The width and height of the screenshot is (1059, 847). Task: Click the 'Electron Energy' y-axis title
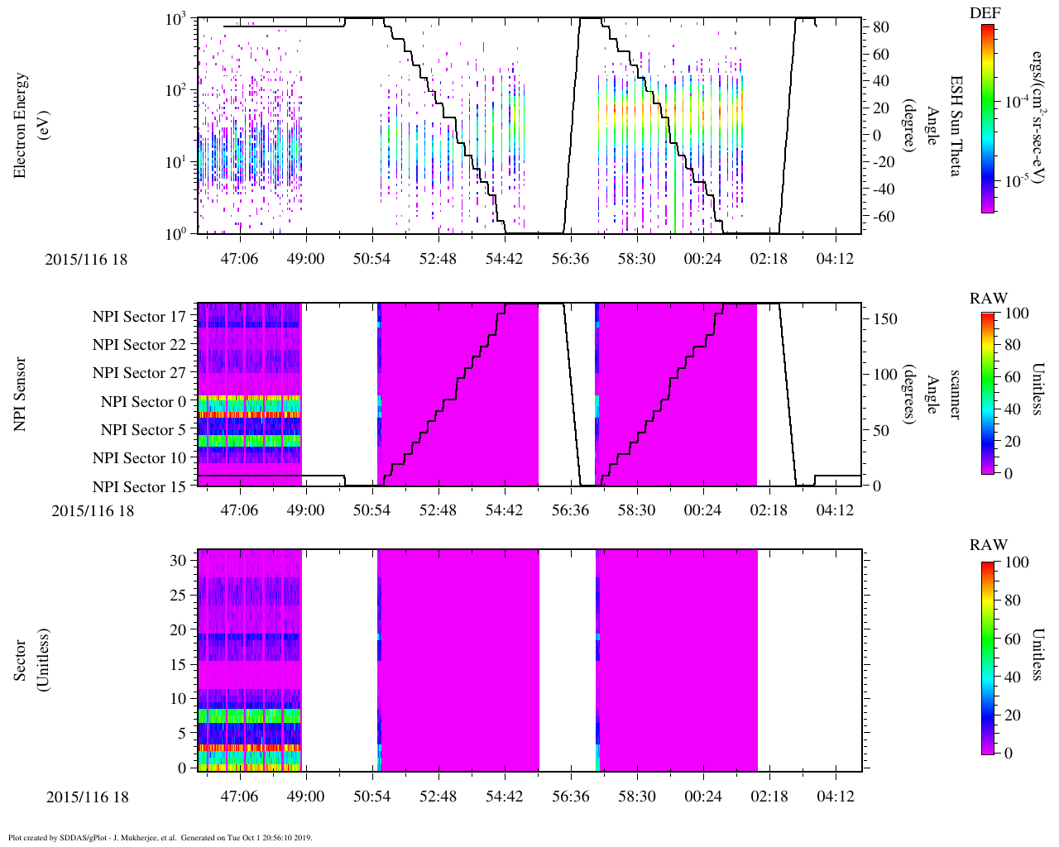tap(22, 125)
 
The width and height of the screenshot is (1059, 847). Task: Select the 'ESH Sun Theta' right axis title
tap(956, 125)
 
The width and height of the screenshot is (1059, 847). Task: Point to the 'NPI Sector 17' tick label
tap(139, 317)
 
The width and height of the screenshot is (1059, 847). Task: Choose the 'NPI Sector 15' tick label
tap(139, 487)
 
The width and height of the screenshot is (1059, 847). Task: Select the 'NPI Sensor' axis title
tap(22, 395)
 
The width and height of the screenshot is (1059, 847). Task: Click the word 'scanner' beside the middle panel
tap(956, 395)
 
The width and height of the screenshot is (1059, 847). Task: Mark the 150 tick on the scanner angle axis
tap(886, 318)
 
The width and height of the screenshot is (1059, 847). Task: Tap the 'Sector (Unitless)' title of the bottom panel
tap(30, 660)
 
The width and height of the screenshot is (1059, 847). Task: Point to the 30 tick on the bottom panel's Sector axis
tap(178, 560)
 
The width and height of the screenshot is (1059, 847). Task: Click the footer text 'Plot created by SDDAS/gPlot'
tap(160, 837)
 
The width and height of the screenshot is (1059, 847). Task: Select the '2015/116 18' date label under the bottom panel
tap(87, 797)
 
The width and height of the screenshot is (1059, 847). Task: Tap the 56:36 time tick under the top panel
tap(570, 259)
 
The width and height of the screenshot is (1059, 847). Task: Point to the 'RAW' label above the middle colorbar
tap(989, 299)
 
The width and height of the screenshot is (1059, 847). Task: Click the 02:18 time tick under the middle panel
tap(769, 510)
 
